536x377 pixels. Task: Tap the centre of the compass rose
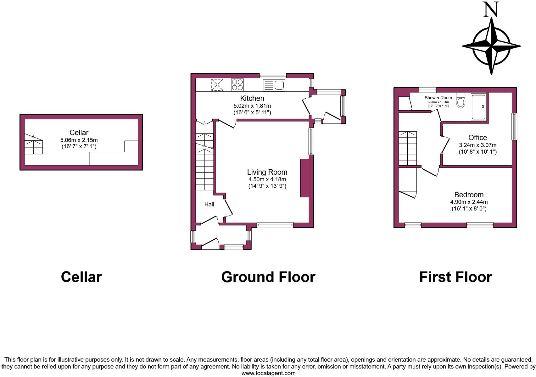(491, 46)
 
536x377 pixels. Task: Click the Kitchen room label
(252, 98)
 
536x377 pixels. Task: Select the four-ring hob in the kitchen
(237, 85)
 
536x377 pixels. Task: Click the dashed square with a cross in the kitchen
(217, 85)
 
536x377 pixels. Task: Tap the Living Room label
(267, 172)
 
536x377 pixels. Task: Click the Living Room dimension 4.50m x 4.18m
(267, 179)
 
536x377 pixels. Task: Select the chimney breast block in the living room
(304, 178)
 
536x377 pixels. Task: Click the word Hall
(209, 205)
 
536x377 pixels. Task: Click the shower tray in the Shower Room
(478, 107)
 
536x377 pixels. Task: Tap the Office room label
(477, 137)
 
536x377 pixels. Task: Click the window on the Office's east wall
(514, 127)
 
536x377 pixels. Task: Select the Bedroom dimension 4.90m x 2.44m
(469, 202)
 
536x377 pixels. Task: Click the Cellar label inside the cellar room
(79, 133)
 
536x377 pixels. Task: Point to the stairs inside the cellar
(34, 145)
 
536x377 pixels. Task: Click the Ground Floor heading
(268, 277)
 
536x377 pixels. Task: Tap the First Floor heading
(455, 277)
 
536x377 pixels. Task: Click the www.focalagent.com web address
(268, 373)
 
